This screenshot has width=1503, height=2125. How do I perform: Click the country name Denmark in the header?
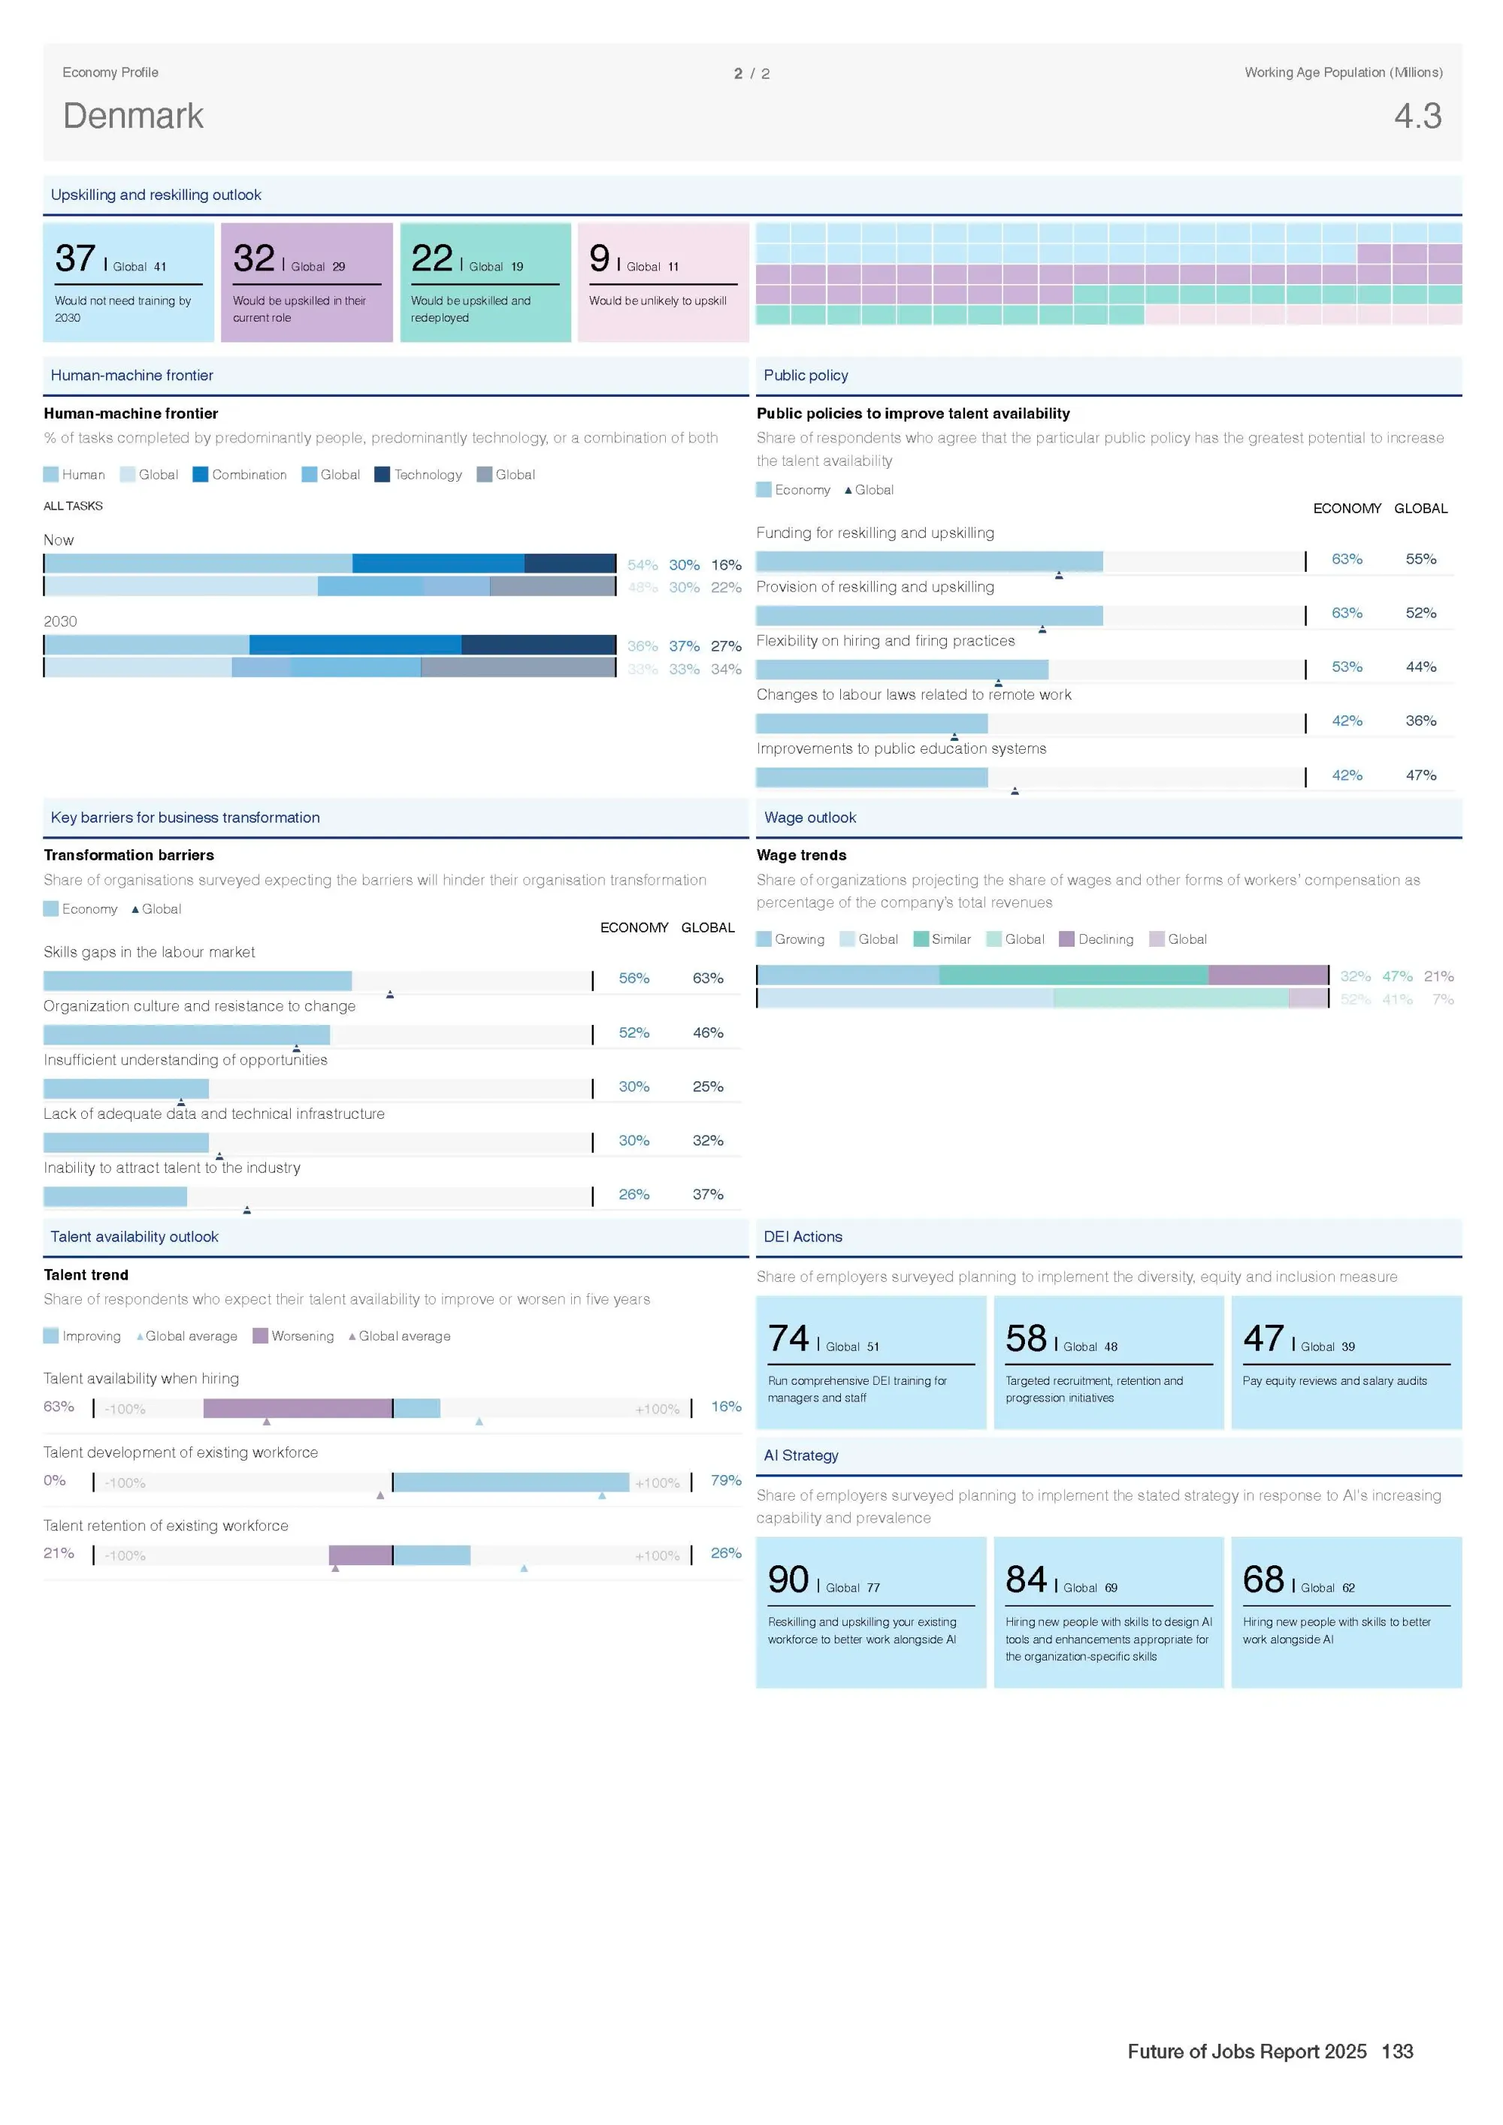pyautogui.click(x=133, y=116)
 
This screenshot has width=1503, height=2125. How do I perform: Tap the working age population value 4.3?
pyautogui.click(x=1418, y=116)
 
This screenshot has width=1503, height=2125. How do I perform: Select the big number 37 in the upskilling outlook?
pyautogui.click(x=76, y=258)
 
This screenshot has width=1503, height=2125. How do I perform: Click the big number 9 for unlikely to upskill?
pyautogui.click(x=600, y=258)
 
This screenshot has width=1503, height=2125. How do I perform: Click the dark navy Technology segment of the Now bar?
pyautogui.click(x=570, y=564)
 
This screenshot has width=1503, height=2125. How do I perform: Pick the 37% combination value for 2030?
pyautogui.click(x=684, y=646)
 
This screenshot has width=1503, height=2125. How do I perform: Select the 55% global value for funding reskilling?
pyautogui.click(x=1420, y=559)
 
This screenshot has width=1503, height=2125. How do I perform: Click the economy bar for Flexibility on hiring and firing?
pyautogui.click(x=903, y=670)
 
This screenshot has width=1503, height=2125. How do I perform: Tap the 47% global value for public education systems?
pyautogui.click(x=1420, y=775)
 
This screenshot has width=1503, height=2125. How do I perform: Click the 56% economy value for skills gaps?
pyautogui.click(x=634, y=978)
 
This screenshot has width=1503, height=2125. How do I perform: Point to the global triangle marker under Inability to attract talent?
pyautogui.click(x=247, y=1210)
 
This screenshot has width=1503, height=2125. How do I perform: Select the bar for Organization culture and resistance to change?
pyautogui.click(x=187, y=1035)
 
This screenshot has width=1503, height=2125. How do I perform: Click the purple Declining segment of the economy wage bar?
pyautogui.click(x=1268, y=975)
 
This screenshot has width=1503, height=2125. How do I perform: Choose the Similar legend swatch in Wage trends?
pyautogui.click(x=921, y=939)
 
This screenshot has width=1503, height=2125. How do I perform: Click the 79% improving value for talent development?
pyautogui.click(x=727, y=1481)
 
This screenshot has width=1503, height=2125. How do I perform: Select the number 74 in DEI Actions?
pyautogui.click(x=788, y=1338)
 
